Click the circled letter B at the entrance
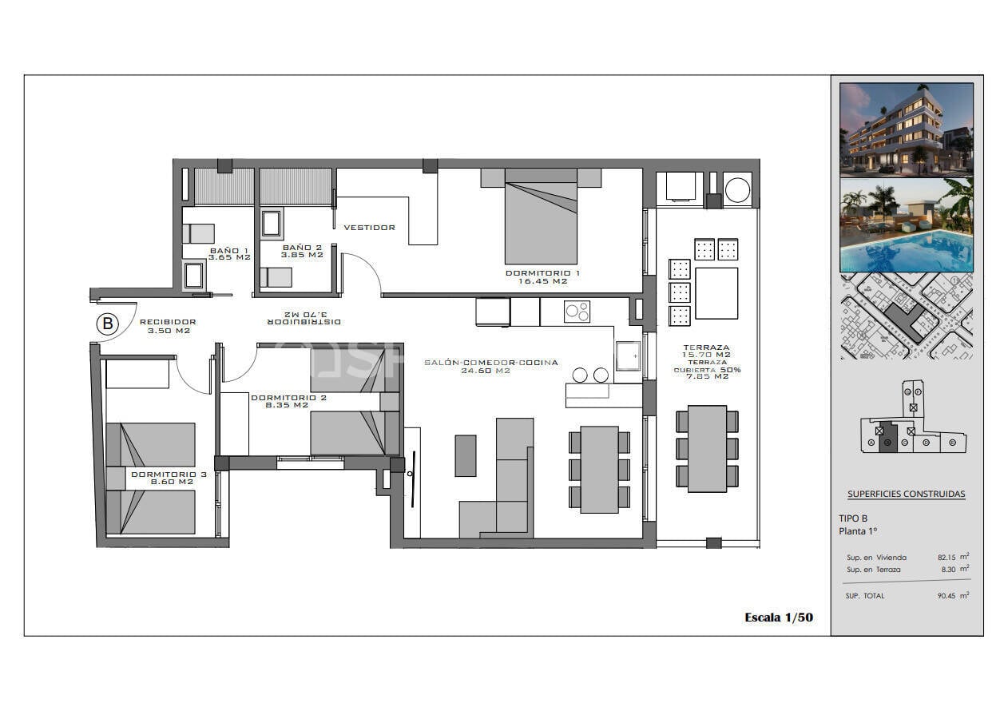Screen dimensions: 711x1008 (107, 324)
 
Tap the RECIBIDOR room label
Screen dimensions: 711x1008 (168, 322)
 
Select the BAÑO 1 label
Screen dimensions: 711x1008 (229, 251)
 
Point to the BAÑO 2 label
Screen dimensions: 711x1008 (302, 248)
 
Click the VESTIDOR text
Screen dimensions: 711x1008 (369, 228)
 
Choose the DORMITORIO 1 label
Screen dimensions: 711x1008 (542, 273)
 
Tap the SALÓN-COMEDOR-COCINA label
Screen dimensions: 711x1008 (490, 363)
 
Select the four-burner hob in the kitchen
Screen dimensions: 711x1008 (577, 312)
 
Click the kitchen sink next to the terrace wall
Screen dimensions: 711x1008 (628, 356)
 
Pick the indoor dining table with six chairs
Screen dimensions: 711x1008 (599, 469)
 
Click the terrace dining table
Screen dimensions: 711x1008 (707, 448)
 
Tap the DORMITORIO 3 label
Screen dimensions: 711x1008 (169, 475)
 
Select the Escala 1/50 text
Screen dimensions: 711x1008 (778, 617)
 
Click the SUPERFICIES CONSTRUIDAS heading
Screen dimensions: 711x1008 (906, 494)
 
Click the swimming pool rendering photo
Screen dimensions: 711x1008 (906, 225)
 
